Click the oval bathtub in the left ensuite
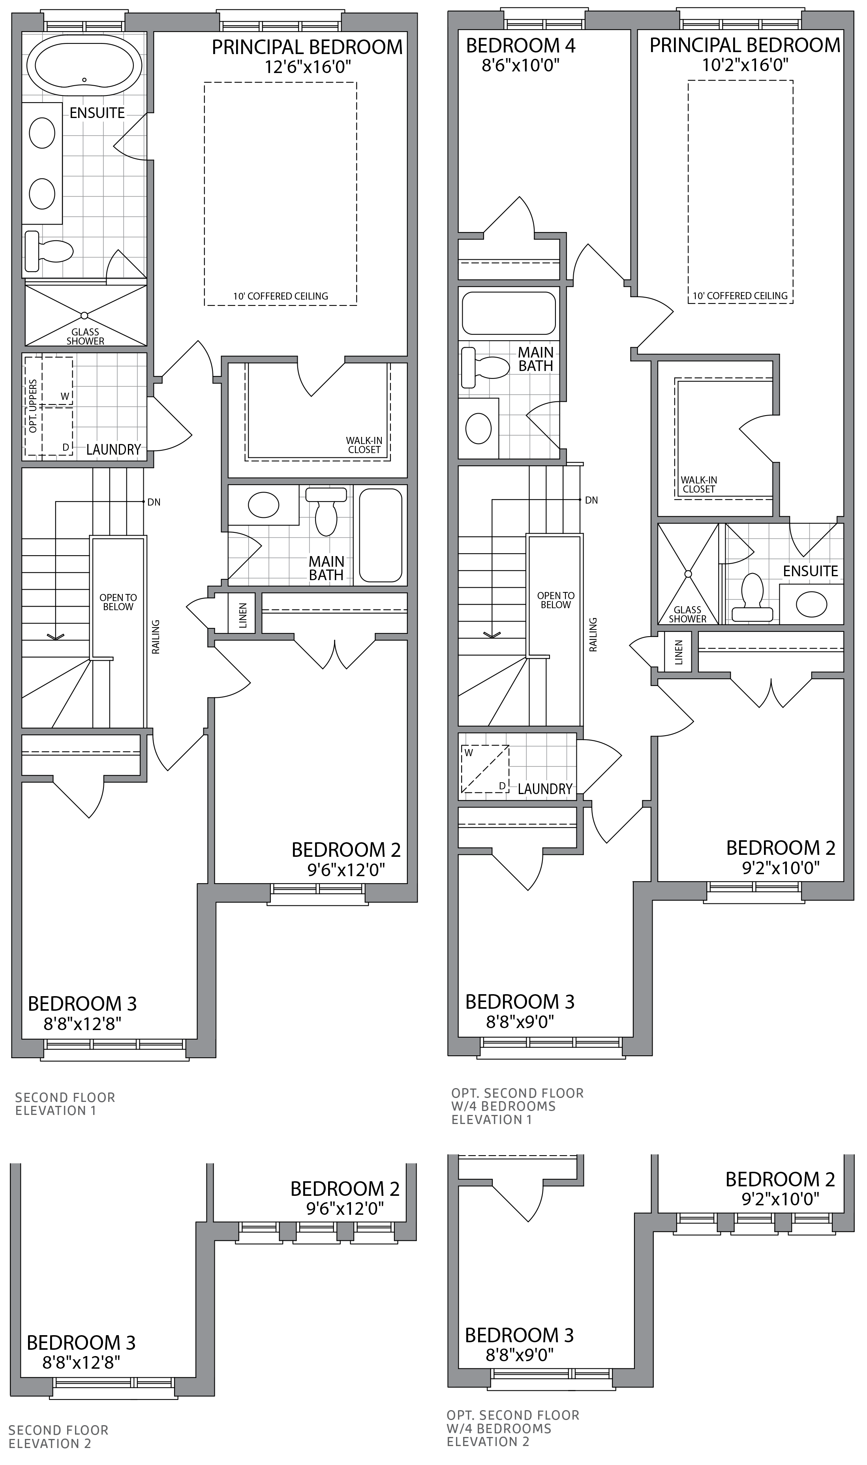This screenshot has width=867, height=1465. point(88,66)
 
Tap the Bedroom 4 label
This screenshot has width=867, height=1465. point(520,45)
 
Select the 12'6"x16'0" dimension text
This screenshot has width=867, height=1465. point(307,67)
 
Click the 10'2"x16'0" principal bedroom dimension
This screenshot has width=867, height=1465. point(745,65)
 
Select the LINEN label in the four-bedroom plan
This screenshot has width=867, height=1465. point(678,652)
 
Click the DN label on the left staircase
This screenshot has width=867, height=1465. point(154,502)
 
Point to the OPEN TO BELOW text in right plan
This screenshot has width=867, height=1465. point(555,600)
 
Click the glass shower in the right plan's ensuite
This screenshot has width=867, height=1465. point(688,573)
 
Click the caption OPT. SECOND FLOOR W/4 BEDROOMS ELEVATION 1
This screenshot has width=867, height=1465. point(517,1106)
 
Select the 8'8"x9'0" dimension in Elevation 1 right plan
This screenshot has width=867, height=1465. point(520,1021)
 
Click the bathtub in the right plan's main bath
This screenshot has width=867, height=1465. point(508,313)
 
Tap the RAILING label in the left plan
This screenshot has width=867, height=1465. point(156,637)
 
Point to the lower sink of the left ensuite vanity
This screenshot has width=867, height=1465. point(42,194)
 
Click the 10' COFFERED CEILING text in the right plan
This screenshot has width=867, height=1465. point(739,296)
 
